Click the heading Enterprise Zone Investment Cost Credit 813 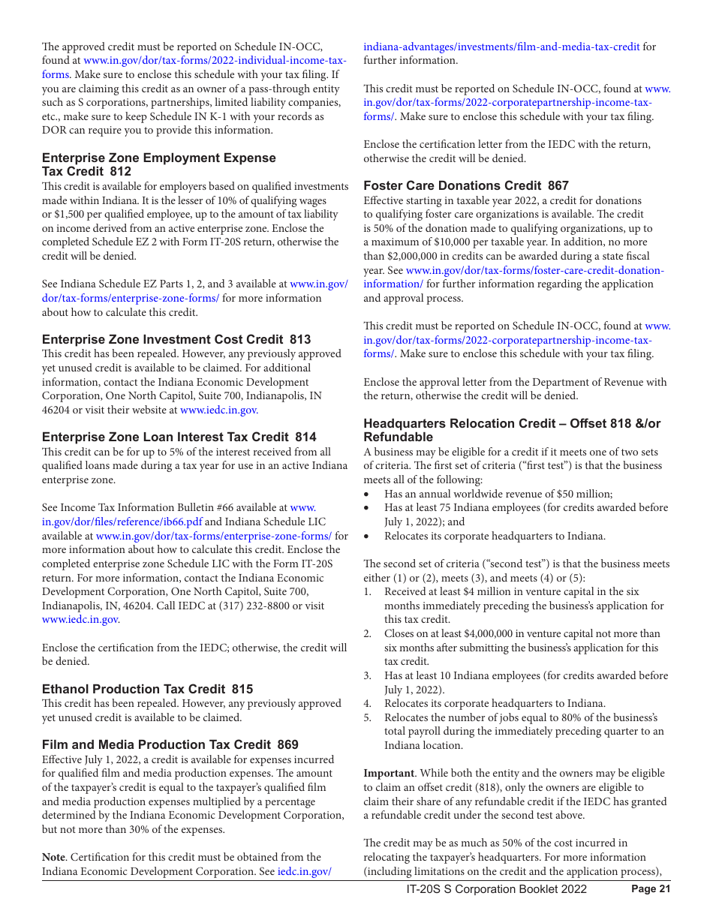point(176,340)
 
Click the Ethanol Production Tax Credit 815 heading point(147,689)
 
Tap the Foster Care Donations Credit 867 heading point(466,185)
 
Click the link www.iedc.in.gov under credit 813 point(219,410)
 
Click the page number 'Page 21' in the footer point(650,889)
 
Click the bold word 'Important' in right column point(388,773)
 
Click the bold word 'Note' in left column point(53,857)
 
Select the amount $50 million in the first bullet point(585,494)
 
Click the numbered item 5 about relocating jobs point(521,731)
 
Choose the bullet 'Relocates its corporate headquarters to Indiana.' point(495,536)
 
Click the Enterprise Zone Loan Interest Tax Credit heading point(179,437)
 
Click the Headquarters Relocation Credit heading point(512,430)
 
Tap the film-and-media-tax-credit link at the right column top point(501,47)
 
